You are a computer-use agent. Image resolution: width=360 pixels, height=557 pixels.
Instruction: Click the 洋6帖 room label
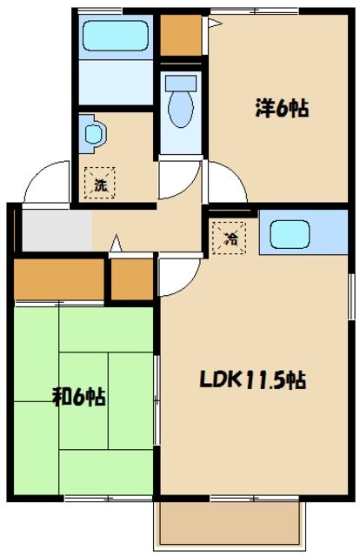coord(282,109)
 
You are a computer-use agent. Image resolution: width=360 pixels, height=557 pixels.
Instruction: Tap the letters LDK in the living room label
coord(221,380)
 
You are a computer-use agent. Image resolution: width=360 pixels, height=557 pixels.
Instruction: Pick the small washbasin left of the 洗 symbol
coord(93,135)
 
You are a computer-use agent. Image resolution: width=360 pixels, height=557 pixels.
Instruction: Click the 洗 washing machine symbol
coord(101,185)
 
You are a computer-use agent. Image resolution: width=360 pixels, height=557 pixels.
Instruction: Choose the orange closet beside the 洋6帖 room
coord(182,36)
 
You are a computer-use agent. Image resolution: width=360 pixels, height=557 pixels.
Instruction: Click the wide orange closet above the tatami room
coord(57,278)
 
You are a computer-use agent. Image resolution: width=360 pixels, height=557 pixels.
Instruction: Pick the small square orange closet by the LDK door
coord(132,278)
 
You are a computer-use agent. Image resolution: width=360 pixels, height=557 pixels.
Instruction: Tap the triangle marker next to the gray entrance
coord(115,247)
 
